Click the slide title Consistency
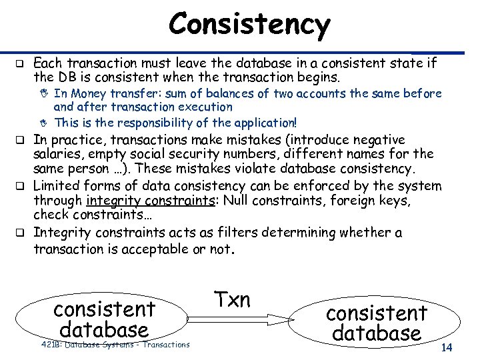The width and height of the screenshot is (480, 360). pos(249,25)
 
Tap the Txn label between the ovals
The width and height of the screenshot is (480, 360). pos(232,299)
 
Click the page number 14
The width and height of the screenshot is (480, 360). pos(447,348)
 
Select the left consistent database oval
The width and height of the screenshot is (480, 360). pos(103,319)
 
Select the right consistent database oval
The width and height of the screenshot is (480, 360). pos(377,323)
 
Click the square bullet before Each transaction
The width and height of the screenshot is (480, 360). pos(20,65)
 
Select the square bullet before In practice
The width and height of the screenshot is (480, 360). pos(20,140)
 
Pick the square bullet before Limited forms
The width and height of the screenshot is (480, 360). pos(20,186)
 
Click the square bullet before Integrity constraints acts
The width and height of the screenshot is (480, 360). pos(20,233)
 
